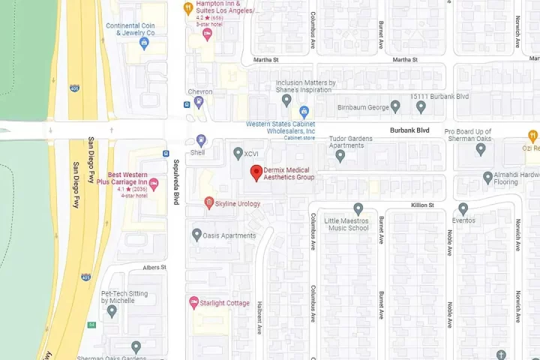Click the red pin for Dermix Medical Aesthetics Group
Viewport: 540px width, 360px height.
click(x=256, y=172)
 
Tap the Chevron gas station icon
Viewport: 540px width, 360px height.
click(x=199, y=103)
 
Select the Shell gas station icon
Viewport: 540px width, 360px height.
click(x=200, y=140)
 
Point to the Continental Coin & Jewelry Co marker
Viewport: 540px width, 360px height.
click(x=145, y=43)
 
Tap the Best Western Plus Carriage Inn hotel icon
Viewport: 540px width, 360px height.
click(x=154, y=184)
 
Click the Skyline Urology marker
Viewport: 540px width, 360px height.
click(x=209, y=203)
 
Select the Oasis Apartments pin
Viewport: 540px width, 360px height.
click(x=196, y=235)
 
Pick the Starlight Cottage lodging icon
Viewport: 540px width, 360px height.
click(x=193, y=303)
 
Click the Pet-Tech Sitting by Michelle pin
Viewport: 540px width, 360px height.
click(x=112, y=310)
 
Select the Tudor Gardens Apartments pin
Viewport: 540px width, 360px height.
click(x=340, y=156)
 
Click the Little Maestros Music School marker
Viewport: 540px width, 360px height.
click(x=358, y=208)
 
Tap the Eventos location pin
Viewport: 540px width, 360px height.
click(x=463, y=208)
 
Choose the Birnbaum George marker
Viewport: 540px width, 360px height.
click(x=395, y=107)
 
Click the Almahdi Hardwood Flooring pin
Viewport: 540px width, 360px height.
click(x=487, y=178)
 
